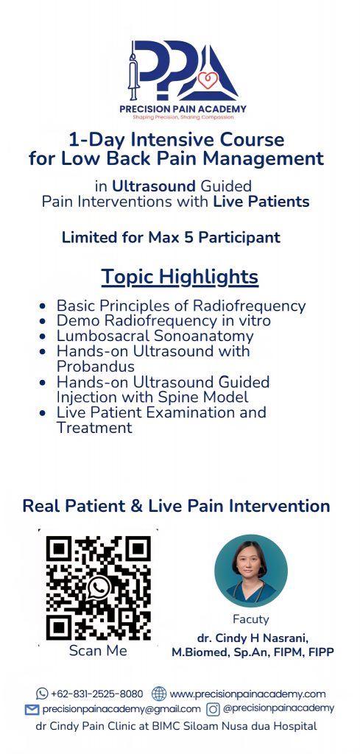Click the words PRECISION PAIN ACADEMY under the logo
[183, 109]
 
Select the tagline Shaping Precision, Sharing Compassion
[183, 117]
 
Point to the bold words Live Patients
[261, 202]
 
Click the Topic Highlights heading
[180, 278]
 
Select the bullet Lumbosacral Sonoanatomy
[155, 336]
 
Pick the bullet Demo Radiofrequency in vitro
[163, 321]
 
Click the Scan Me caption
[98, 651]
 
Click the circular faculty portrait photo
[251, 571]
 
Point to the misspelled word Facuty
[251, 619]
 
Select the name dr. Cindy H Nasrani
[253, 638]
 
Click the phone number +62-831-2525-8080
[96, 694]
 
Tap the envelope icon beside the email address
[32, 709]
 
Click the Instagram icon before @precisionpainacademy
[213, 709]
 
